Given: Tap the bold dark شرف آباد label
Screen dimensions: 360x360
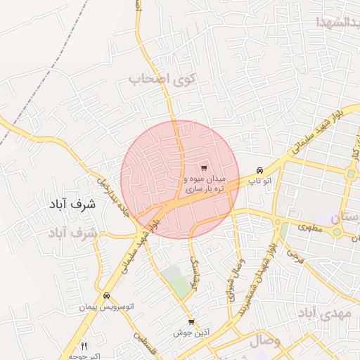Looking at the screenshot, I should click(72, 205).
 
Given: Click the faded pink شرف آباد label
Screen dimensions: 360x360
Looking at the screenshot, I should click(72, 232).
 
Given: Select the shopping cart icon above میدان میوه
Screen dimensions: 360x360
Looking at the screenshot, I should click(204, 168).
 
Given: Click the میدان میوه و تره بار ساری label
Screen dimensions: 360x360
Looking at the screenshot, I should click(205, 185).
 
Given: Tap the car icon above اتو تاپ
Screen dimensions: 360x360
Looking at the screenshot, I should click(260, 170).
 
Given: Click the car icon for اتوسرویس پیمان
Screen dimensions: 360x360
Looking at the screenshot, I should click(106, 296).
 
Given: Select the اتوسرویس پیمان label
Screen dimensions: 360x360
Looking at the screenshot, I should click(106, 309).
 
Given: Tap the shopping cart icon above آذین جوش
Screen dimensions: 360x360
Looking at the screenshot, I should click(191, 322).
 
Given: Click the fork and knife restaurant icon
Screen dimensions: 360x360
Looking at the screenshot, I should click(84, 346).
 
